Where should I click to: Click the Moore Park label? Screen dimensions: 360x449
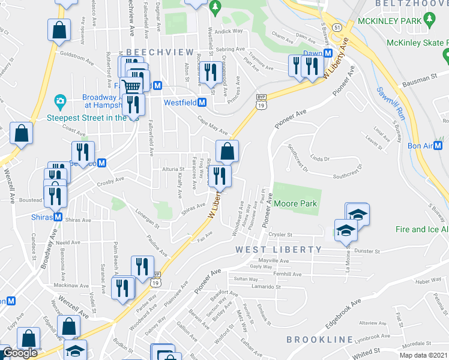coord(295,203)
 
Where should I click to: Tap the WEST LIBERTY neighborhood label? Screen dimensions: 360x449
coord(279,249)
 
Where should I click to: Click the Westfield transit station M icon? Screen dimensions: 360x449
coord(202,103)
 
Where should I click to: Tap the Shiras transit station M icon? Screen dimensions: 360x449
coord(58,217)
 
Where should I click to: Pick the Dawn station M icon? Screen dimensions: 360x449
coord(328,53)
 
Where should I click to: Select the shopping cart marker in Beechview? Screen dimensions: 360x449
coord(131,86)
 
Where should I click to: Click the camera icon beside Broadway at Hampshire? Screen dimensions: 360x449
coord(59,100)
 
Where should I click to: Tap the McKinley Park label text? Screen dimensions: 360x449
coord(391,21)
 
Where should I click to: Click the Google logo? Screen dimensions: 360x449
coord(20,352)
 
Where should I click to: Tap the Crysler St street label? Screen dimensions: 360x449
coord(280,235)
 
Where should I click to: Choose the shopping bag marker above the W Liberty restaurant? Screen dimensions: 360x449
coord(227,151)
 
